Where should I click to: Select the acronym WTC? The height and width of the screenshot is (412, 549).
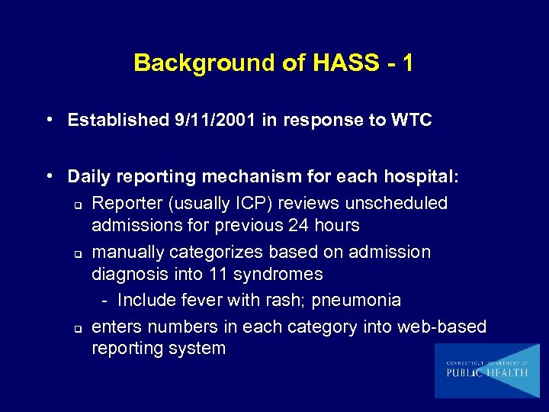pyautogui.click(x=411, y=120)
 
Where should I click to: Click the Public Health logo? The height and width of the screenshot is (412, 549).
pyautogui.click(x=487, y=371)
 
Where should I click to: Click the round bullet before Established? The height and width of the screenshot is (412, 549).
pyautogui.click(x=49, y=120)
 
